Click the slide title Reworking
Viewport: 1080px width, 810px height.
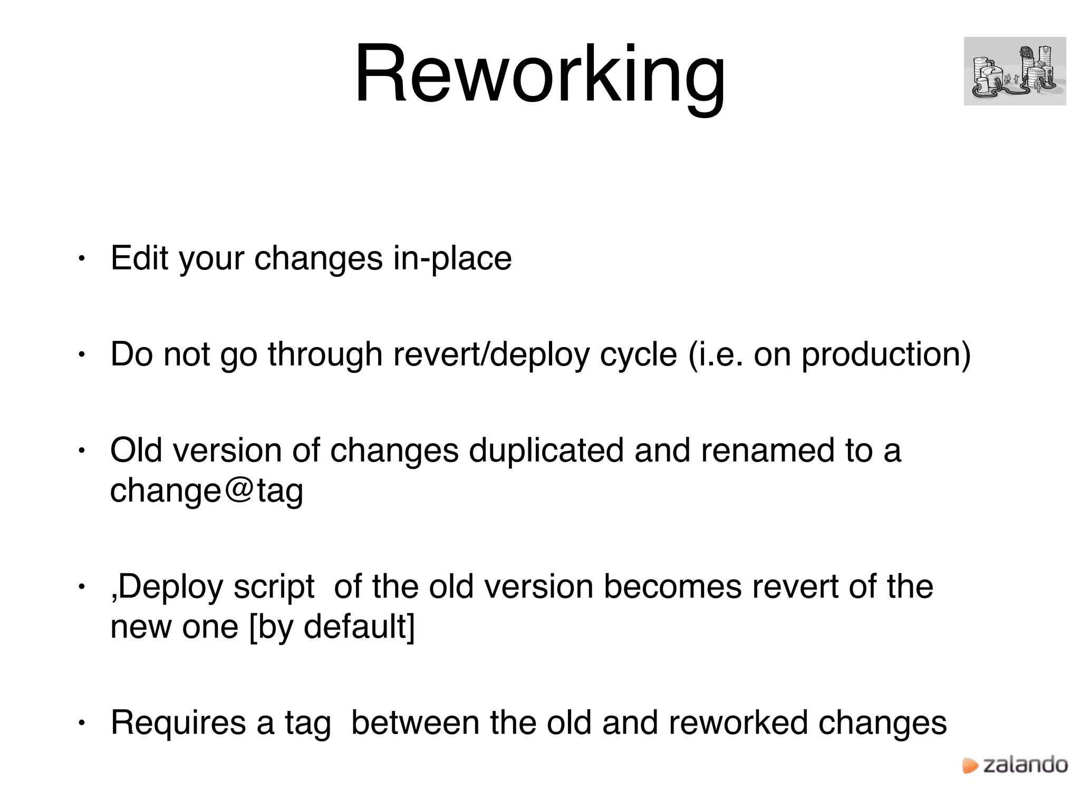(x=539, y=74)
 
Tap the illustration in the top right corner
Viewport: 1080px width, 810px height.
(x=1014, y=71)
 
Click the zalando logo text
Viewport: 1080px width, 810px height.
(x=1025, y=765)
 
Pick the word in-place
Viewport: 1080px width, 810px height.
(x=452, y=259)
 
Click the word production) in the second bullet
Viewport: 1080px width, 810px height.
(x=886, y=354)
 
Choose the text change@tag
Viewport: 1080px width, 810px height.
(x=206, y=491)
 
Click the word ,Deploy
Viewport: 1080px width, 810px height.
(x=167, y=587)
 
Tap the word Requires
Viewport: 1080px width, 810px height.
(x=178, y=723)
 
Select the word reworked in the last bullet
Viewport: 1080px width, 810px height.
(x=738, y=723)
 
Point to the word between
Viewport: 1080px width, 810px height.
(x=415, y=723)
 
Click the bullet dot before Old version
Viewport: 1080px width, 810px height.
(x=81, y=451)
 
